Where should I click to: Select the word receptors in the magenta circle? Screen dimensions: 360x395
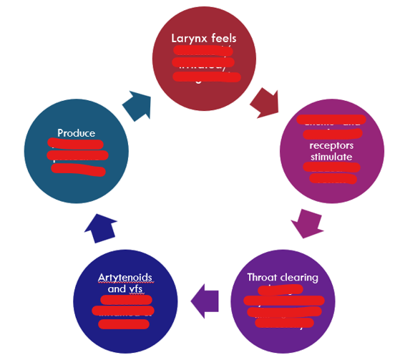332,143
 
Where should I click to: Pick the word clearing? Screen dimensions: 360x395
298,278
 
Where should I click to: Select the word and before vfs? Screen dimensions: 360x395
115,290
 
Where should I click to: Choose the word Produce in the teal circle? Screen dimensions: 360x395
76,132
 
